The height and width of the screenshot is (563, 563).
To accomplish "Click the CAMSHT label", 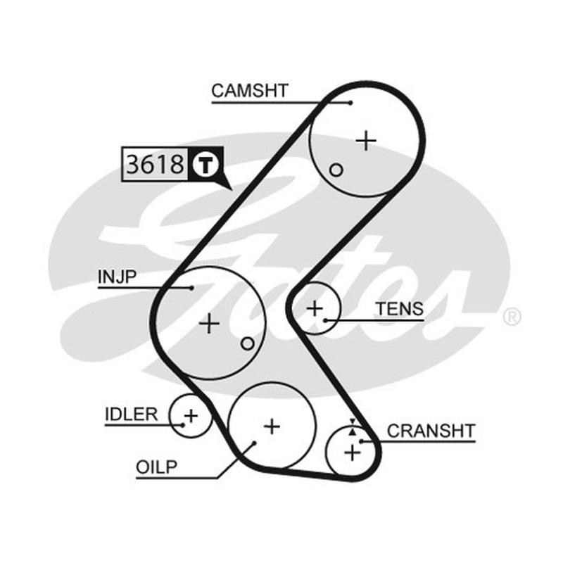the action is point(250,91).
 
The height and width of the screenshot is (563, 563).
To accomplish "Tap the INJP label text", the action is point(118,277).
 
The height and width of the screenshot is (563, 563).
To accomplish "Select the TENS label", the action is point(400,309).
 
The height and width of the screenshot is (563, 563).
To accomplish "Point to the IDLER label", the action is point(132,415).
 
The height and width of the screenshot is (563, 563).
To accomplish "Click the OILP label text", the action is point(156,467).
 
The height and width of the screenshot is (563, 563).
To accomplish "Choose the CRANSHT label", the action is point(431,431).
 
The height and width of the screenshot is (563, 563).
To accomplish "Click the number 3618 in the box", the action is point(155,165).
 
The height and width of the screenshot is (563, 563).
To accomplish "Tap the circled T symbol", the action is point(205,165).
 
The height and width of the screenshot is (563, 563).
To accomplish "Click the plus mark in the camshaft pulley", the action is point(366,140).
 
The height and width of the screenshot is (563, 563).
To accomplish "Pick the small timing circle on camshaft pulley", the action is point(336,170).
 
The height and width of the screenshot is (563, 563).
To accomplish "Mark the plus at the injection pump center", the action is point(209,323).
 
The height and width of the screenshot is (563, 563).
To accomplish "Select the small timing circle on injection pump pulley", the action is point(248,343).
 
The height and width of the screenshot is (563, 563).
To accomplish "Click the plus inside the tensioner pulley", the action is point(315,308).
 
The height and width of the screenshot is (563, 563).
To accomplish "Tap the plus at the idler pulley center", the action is point(191,416).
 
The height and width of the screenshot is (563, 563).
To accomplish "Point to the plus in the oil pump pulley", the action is point(272,426).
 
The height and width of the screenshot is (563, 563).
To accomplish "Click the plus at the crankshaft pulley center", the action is point(353,453).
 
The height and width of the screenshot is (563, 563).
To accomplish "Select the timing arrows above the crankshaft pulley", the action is point(353,427).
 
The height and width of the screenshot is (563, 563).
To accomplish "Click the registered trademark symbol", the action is point(512,317).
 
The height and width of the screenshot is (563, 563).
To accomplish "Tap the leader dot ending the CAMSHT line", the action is point(350,103).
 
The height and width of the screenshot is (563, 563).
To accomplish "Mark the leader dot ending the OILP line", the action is point(254,443).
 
